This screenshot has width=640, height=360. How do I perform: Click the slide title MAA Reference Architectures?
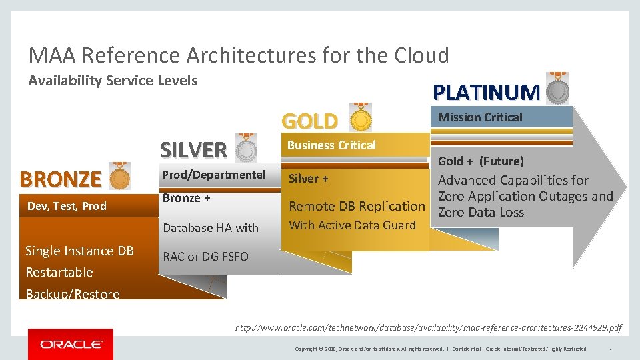pyautogui.click(x=238, y=55)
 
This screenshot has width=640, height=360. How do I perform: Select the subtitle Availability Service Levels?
pyautogui.click(x=113, y=81)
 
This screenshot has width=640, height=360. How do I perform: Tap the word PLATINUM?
pyautogui.click(x=486, y=92)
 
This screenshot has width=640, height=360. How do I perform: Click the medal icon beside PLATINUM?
pyautogui.click(x=557, y=89)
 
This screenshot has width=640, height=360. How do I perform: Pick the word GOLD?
pyautogui.click(x=310, y=121)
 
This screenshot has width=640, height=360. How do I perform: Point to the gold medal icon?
pyautogui.click(x=361, y=119)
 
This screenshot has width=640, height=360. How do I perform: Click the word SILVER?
pyautogui.click(x=193, y=149)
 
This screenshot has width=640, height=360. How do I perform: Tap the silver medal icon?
pyautogui.click(x=246, y=148)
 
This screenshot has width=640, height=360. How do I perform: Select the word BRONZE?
pyautogui.click(x=60, y=179)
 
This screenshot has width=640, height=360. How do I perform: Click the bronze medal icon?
pyautogui.click(x=119, y=177)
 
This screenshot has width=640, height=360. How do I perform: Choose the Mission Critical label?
pyautogui.click(x=480, y=117)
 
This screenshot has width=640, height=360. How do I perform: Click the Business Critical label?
pyautogui.click(x=331, y=145)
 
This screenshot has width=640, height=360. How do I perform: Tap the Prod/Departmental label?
pyautogui.click(x=214, y=175)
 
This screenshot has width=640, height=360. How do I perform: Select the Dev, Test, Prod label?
pyautogui.click(x=67, y=206)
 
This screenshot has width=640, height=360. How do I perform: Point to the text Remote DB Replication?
pyautogui.click(x=357, y=207)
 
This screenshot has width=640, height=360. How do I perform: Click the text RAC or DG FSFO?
pyautogui.click(x=205, y=256)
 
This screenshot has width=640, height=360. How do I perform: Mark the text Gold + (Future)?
pyautogui.click(x=481, y=161)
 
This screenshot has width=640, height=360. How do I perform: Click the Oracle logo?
pyautogui.click(x=71, y=344)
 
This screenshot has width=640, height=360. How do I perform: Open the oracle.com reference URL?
pyautogui.click(x=428, y=327)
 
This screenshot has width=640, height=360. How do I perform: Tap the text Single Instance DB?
pyautogui.click(x=79, y=251)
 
